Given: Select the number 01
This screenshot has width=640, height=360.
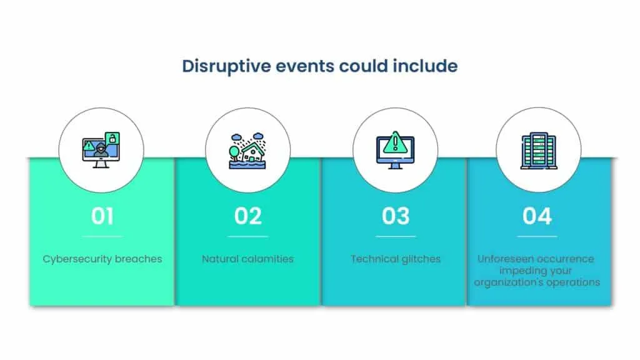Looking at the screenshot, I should [x=102, y=216].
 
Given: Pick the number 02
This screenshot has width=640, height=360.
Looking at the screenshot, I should [x=248, y=216].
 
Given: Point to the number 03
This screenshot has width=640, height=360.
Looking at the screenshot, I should [x=396, y=216].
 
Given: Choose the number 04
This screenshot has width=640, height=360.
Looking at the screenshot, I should [x=537, y=216].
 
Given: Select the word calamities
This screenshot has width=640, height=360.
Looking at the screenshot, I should [x=270, y=259].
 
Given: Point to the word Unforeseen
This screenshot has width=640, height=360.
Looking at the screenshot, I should [x=506, y=259].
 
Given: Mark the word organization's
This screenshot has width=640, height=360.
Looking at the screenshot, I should [x=504, y=282].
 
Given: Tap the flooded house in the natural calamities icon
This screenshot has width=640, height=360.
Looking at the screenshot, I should [x=252, y=152].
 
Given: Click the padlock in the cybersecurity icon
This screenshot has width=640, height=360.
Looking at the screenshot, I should [x=112, y=137].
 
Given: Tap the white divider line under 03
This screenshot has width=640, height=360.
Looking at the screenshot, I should [x=396, y=236].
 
